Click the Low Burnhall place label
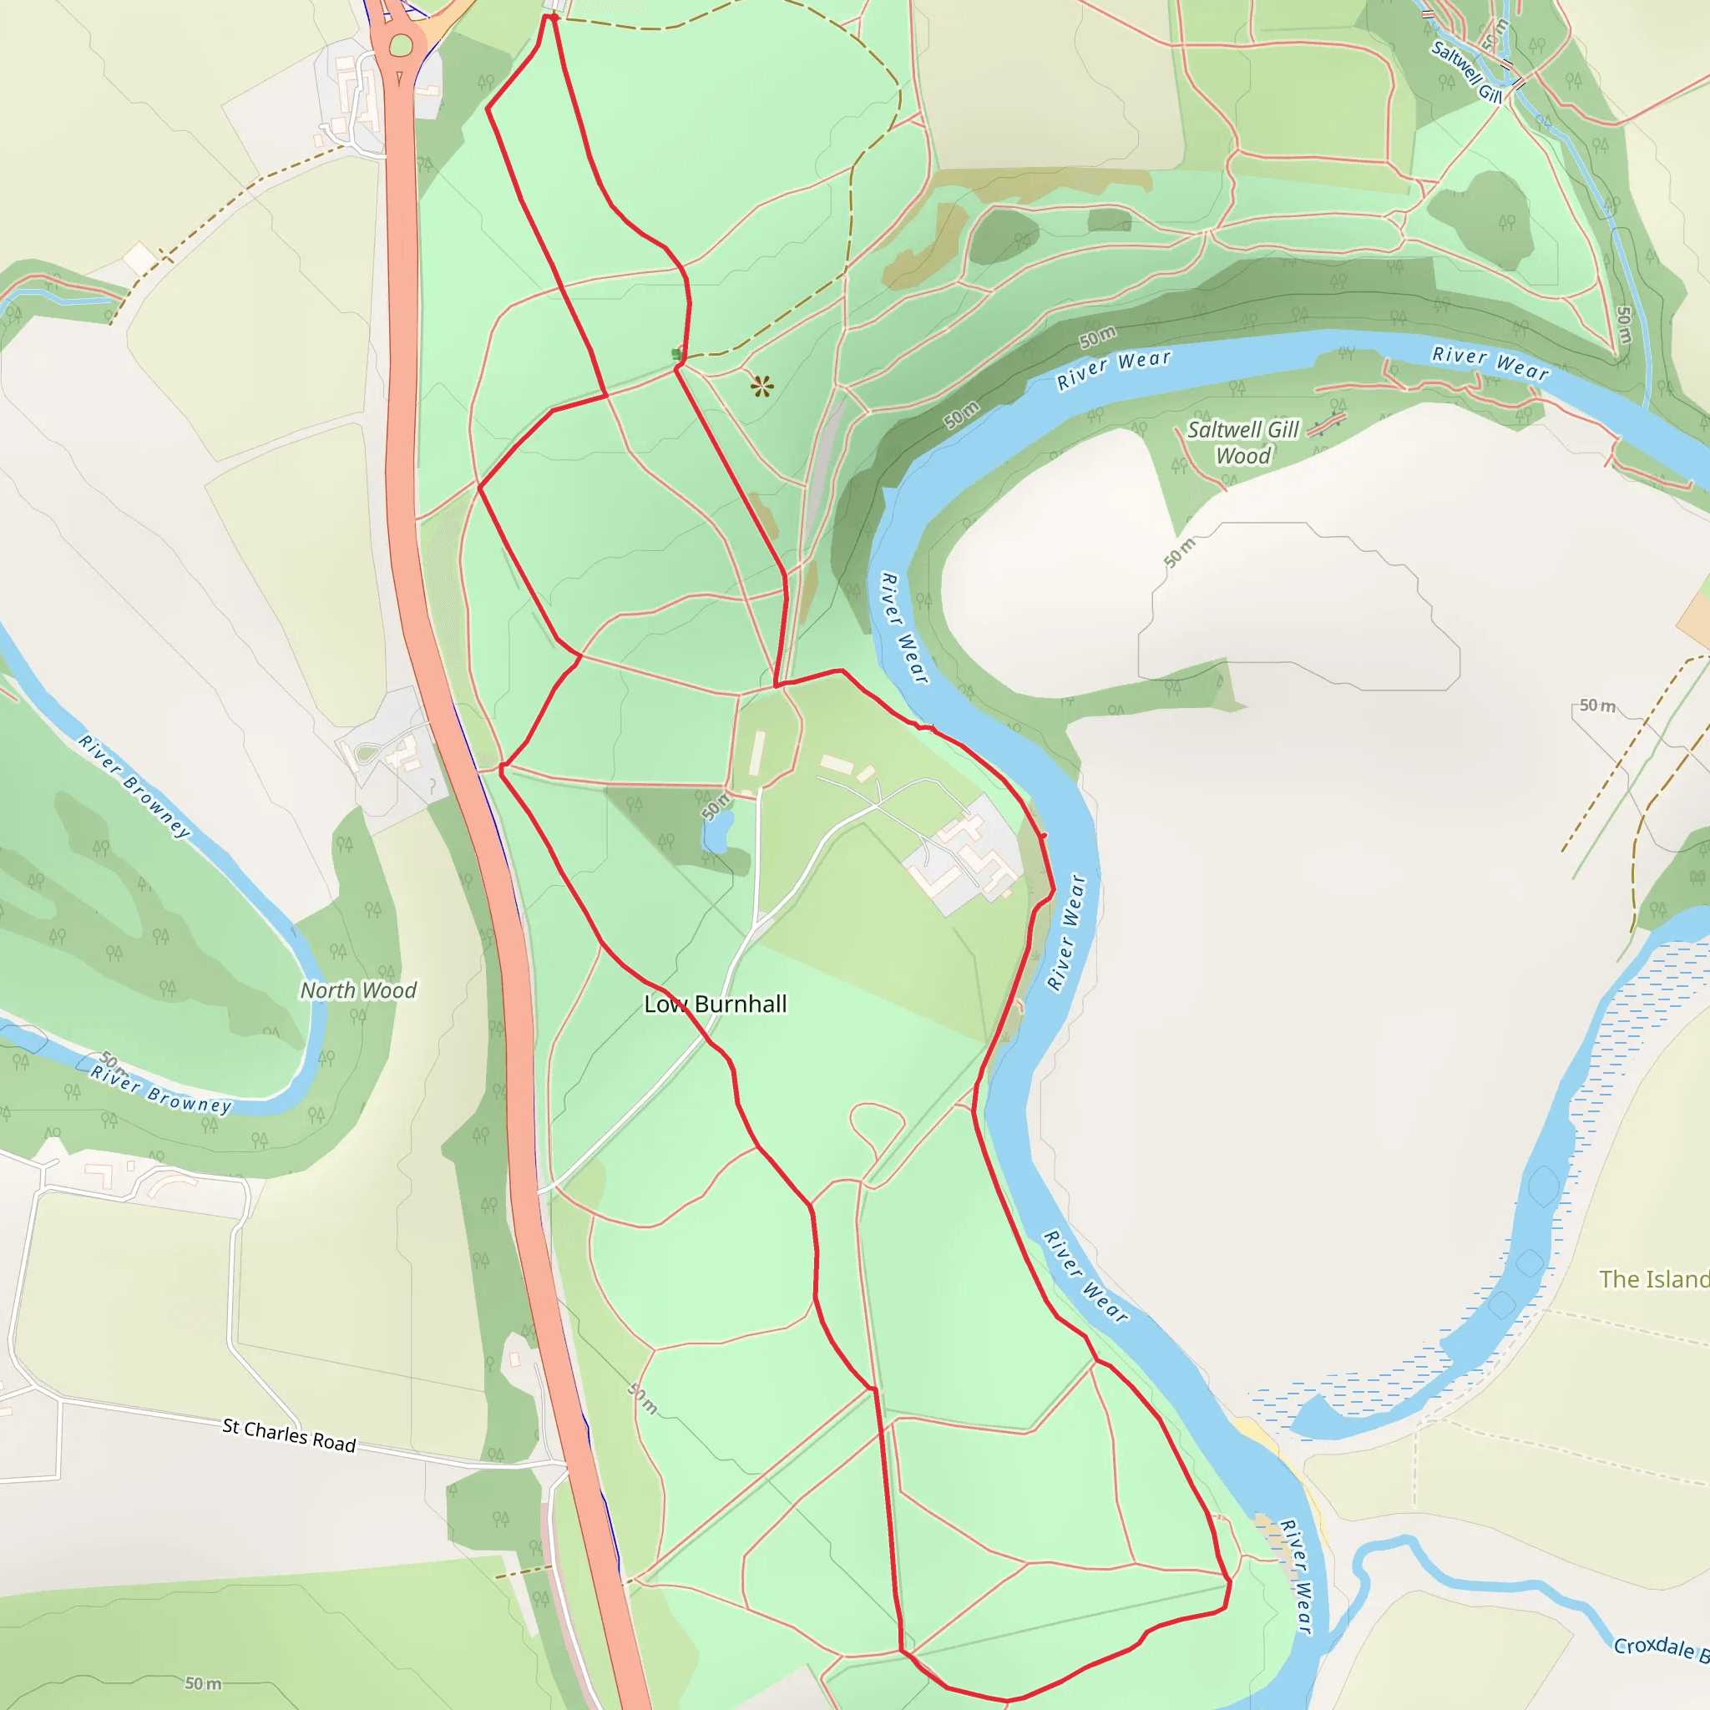click(716, 1004)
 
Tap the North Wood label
click(358, 990)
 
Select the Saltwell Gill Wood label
click(1242, 443)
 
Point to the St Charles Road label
click(289, 1434)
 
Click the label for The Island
click(1653, 1279)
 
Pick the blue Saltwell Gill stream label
click(1465, 71)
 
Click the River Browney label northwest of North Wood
click(134, 785)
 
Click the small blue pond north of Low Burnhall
click(717, 832)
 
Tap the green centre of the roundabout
click(401, 45)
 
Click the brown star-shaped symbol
click(762, 386)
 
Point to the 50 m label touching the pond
click(716, 805)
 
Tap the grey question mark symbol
click(432, 785)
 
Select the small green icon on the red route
click(677, 355)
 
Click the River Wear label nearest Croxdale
click(1295, 1576)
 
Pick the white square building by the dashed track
click(139, 259)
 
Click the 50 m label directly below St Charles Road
click(203, 1682)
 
